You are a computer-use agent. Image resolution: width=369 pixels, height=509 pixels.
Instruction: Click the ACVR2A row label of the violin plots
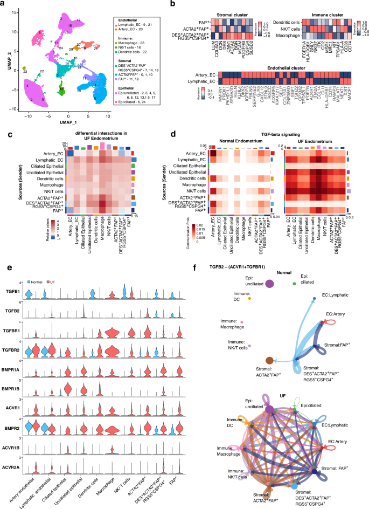click(x=15, y=448)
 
